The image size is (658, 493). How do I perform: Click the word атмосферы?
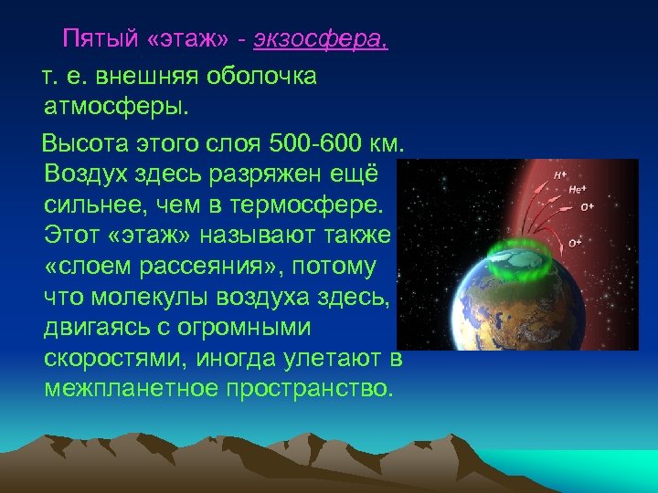[115, 108]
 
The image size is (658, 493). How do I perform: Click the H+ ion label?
[559, 173]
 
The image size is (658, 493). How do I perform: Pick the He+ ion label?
[577, 189]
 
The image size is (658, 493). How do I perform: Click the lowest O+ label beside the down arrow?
[575, 243]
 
